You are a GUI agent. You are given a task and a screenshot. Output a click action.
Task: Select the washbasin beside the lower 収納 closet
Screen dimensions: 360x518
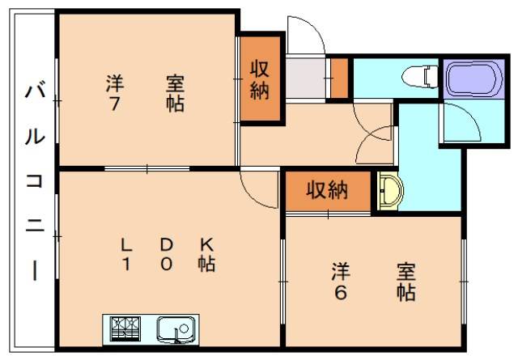pyautogui.click(x=391, y=190)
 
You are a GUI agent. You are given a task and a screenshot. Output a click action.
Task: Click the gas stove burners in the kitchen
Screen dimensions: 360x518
pyautogui.click(x=125, y=328)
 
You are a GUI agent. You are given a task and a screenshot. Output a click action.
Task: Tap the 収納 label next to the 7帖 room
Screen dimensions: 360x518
pyautogui.click(x=259, y=79)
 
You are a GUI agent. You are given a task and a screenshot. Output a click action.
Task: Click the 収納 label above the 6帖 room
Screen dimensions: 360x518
pyautogui.click(x=326, y=191)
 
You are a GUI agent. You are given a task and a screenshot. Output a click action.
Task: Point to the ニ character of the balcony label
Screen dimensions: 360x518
pyautogui.click(x=33, y=227)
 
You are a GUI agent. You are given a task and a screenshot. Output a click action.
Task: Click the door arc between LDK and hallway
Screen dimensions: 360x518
pyautogui.click(x=259, y=193)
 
